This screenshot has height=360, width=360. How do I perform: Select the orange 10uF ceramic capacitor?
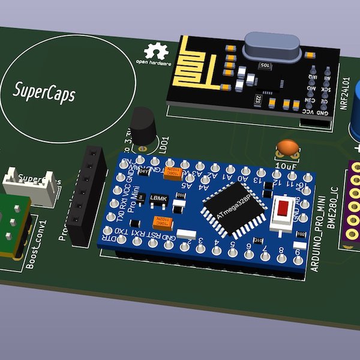(x=287, y=147)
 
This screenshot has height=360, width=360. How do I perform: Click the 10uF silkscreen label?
(x=286, y=164)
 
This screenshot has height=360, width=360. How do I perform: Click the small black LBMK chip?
(x=158, y=198)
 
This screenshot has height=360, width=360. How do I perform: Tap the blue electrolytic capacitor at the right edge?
(x=355, y=114)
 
